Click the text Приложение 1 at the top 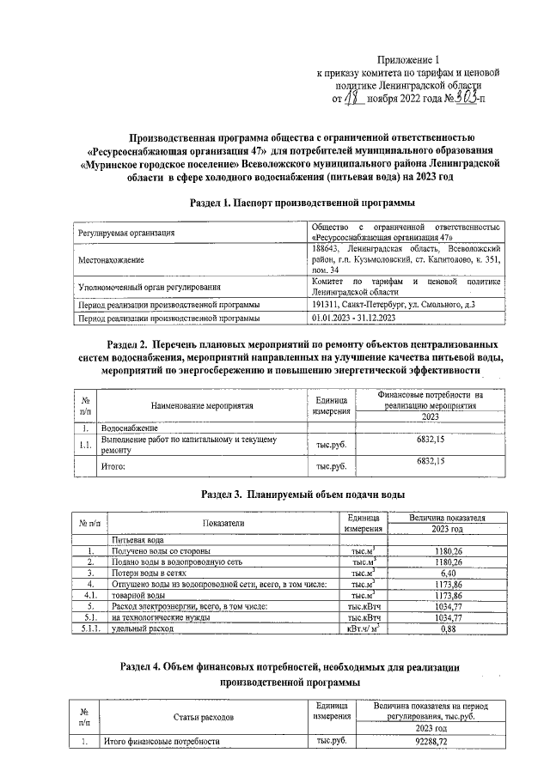[x=409, y=60]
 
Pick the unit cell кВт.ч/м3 [x=364, y=628]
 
